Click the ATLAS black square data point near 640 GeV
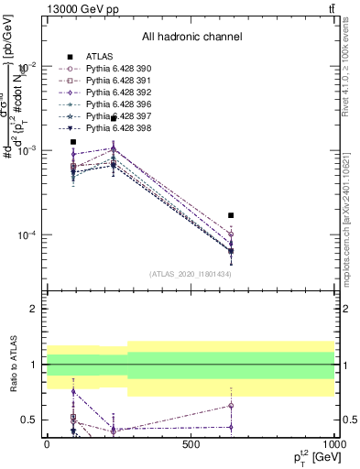(231, 215)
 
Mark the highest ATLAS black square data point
(114, 118)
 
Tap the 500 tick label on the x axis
(191, 443)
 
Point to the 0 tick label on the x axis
(47, 443)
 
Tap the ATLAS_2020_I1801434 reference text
(191, 274)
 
